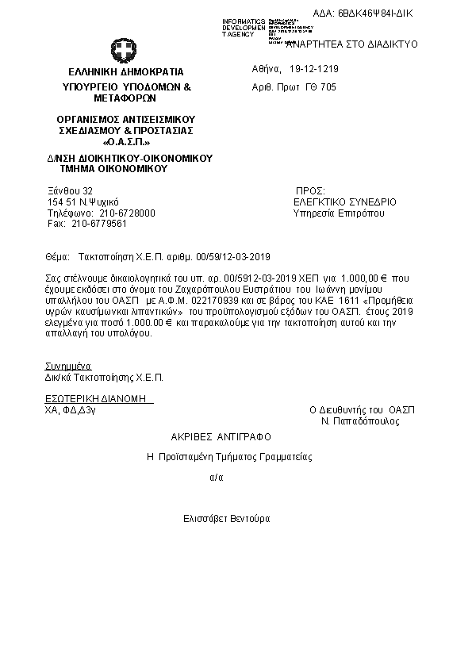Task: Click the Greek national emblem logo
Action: (125, 53)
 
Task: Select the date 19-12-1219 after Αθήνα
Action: (315, 69)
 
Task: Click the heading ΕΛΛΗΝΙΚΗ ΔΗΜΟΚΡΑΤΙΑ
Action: (125, 71)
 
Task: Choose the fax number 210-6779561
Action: (98, 224)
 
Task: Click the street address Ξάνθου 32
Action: (71, 191)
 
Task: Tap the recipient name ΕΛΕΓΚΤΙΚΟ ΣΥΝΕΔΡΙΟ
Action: (345, 202)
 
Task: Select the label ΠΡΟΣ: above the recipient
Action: (310, 192)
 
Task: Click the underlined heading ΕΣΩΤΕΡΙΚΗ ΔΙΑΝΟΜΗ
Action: (99, 397)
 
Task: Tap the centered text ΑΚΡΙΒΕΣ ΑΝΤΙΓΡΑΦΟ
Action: (221, 437)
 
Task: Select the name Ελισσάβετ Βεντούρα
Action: (226, 518)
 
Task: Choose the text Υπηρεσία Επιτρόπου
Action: (339, 213)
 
